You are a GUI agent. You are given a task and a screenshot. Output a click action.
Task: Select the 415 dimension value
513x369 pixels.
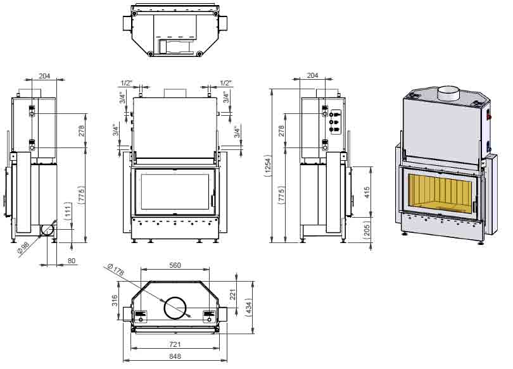pyautogui.click(x=368, y=192)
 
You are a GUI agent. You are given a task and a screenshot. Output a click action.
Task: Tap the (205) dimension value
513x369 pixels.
pyautogui.click(x=368, y=230)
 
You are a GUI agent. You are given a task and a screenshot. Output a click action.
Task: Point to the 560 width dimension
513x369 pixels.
pyautogui.click(x=175, y=266)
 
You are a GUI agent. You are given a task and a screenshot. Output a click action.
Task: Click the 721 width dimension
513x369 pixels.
pyautogui.click(x=175, y=344)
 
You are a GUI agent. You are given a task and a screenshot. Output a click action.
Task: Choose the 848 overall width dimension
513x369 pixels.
pyautogui.click(x=175, y=357)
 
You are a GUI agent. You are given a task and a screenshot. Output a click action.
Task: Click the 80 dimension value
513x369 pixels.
pyautogui.click(x=72, y=260)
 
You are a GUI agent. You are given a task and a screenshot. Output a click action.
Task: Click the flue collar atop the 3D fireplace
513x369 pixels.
pyautogui.click(x=450, y=93)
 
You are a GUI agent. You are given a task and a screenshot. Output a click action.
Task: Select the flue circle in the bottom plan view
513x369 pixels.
pyautogui.click(x=176, y=308)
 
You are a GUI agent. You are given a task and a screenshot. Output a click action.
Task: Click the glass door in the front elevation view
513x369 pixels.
pyautogui.click(x=175, y=190)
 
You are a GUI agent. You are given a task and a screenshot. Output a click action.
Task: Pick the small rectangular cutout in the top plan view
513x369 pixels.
pyautogui.click(x=171, y=46)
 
